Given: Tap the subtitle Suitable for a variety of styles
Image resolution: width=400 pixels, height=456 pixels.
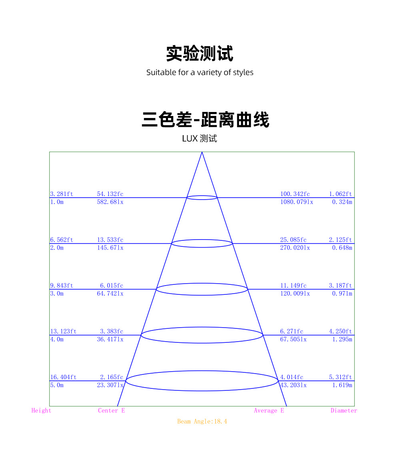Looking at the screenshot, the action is click(x=200, y=72).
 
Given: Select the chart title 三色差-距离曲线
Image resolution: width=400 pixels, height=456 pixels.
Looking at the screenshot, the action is click(x=206, y=120).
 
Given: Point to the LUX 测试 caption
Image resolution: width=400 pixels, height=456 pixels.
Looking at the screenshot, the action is click(x=200, y=139).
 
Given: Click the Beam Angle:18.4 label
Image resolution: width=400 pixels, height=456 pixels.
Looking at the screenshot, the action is click(x=202, y=421).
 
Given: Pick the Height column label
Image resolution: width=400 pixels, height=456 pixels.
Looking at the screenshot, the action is click(x=42, y=410).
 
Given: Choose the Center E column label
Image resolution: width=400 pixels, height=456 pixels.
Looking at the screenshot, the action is click(x=112, y=410).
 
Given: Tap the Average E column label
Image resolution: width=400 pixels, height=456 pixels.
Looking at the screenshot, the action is click(x=269, y=410).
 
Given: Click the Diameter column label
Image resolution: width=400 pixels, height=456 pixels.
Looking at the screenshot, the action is click(x=344, y=410).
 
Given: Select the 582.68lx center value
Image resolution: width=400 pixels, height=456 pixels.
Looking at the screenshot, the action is click(x=110, y=202).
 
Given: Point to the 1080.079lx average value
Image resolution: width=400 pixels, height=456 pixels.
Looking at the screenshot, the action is click(x=296, y=202).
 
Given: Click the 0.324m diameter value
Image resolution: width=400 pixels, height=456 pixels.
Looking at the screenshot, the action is click(x=342, y=202).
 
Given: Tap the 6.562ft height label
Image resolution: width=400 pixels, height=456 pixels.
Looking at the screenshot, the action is click(x=62, y=240).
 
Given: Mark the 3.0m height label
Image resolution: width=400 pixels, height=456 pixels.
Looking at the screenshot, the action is click(x=57, y=294).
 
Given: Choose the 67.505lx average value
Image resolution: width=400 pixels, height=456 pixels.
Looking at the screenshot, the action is click(x=293, y=340).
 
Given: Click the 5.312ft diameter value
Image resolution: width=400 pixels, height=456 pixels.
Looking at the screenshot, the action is click(x=340, y=377).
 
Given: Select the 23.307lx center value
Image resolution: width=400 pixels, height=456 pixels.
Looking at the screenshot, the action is click(x=110, y=385).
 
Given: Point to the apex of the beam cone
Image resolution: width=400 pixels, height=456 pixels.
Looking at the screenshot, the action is click(x=202, y=152).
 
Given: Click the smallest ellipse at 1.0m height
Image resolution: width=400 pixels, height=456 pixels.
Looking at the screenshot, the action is click(x=202, y=198).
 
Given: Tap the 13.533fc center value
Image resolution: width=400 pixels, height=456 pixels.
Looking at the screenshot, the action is click(x=110, y=240).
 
